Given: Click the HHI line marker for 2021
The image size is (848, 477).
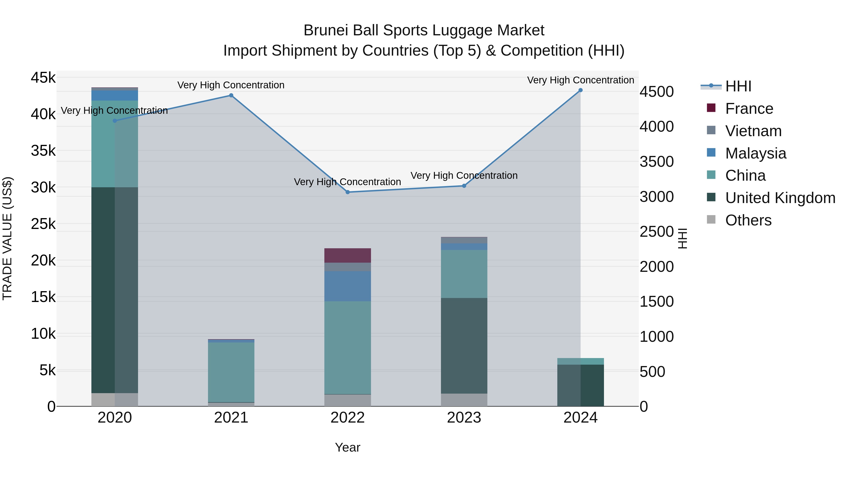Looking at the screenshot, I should pos(231,95).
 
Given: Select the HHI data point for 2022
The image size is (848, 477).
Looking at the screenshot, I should pos(348,192).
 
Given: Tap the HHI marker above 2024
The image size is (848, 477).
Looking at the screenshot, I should pos(580,90).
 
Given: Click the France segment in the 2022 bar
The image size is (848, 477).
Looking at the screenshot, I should pos(348,255).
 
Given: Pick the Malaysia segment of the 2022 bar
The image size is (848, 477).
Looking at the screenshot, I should pos(348,286).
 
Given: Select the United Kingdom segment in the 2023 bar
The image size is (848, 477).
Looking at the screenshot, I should pos(464,346).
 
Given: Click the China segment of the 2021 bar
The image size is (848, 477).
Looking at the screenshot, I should pos(231,372).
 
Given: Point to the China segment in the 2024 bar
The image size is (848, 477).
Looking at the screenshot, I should pos(580,361).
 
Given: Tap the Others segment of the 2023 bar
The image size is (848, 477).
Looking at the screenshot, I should pos(464,400).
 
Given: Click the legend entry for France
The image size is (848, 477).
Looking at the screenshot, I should pos(749,109).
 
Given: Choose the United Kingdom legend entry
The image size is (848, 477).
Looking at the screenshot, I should pos(780,198).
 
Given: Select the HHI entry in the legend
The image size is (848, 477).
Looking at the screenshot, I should pos(738,86).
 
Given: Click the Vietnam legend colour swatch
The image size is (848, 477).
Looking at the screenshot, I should pos(711,130).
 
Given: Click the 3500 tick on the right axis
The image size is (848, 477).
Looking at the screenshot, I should pos(656,162).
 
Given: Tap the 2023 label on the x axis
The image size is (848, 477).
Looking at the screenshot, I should pos(464,418).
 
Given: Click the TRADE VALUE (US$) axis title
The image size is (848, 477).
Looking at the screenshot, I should pos(7,238).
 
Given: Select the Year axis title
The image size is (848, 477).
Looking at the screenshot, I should pos(348,447).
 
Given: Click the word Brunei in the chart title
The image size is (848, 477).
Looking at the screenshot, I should pos(325,31).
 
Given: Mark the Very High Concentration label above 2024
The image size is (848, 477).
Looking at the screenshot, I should pos(580,80).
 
